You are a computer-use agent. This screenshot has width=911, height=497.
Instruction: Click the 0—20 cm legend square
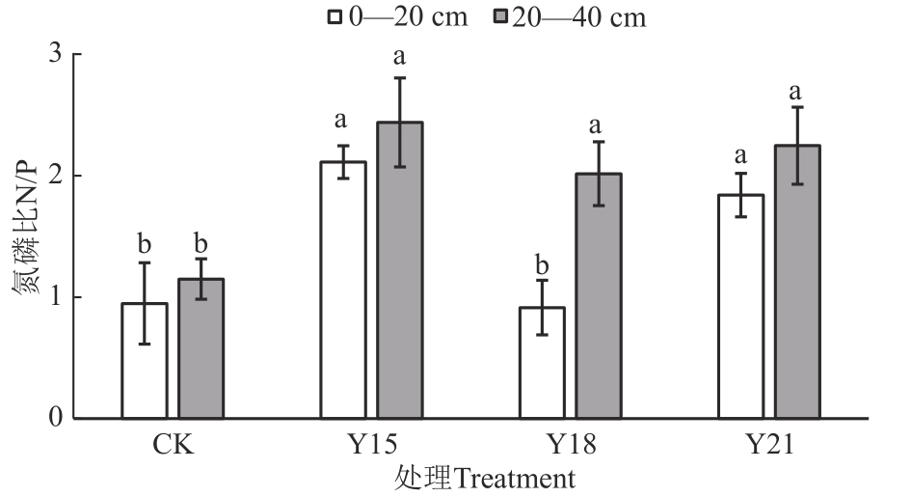point(336,17)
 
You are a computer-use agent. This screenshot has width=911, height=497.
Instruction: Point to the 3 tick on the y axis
point(55,54)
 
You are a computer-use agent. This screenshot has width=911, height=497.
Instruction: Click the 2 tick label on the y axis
point(55,176)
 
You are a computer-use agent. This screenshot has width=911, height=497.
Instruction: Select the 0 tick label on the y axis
point(55,419)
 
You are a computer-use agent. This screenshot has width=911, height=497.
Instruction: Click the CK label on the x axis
point(173,445)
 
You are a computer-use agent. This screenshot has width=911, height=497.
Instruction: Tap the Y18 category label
point(571,445)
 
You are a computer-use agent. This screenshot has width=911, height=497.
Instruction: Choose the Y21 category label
point(768,445)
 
